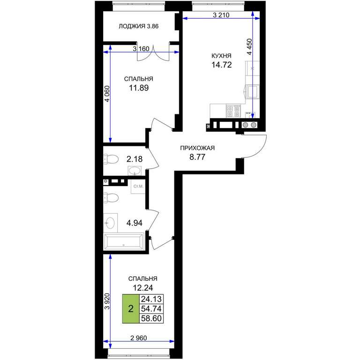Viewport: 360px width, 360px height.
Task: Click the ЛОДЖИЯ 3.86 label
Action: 138,26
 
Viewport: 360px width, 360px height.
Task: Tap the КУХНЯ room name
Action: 221,56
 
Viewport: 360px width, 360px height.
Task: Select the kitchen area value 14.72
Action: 221,65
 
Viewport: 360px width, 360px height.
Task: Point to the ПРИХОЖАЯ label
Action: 197,148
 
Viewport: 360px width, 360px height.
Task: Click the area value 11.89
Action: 139,88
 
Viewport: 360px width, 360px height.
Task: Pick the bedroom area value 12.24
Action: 143,288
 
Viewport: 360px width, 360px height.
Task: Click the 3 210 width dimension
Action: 221,15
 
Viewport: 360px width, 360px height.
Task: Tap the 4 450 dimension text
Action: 249,46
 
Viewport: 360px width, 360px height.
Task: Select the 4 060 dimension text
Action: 107,94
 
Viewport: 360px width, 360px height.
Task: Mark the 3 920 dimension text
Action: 107,301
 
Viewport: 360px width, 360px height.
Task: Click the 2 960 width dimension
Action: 138,338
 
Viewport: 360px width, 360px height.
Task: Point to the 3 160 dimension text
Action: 141,49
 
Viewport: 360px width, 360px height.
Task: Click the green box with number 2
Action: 131,309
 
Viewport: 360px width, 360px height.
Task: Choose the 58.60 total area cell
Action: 151,318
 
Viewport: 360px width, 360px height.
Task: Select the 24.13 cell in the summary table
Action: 151,299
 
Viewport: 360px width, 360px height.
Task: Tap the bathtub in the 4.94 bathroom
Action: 124,241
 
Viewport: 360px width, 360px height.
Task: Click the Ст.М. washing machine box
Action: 138,187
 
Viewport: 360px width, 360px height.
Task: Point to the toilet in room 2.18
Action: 111,159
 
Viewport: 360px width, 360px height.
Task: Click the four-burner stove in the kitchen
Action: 233,111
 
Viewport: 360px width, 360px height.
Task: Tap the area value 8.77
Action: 197,157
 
